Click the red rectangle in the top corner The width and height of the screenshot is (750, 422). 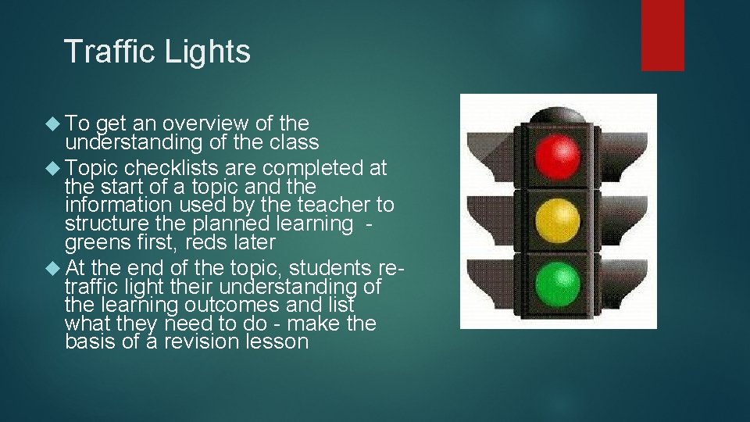(662, 35)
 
